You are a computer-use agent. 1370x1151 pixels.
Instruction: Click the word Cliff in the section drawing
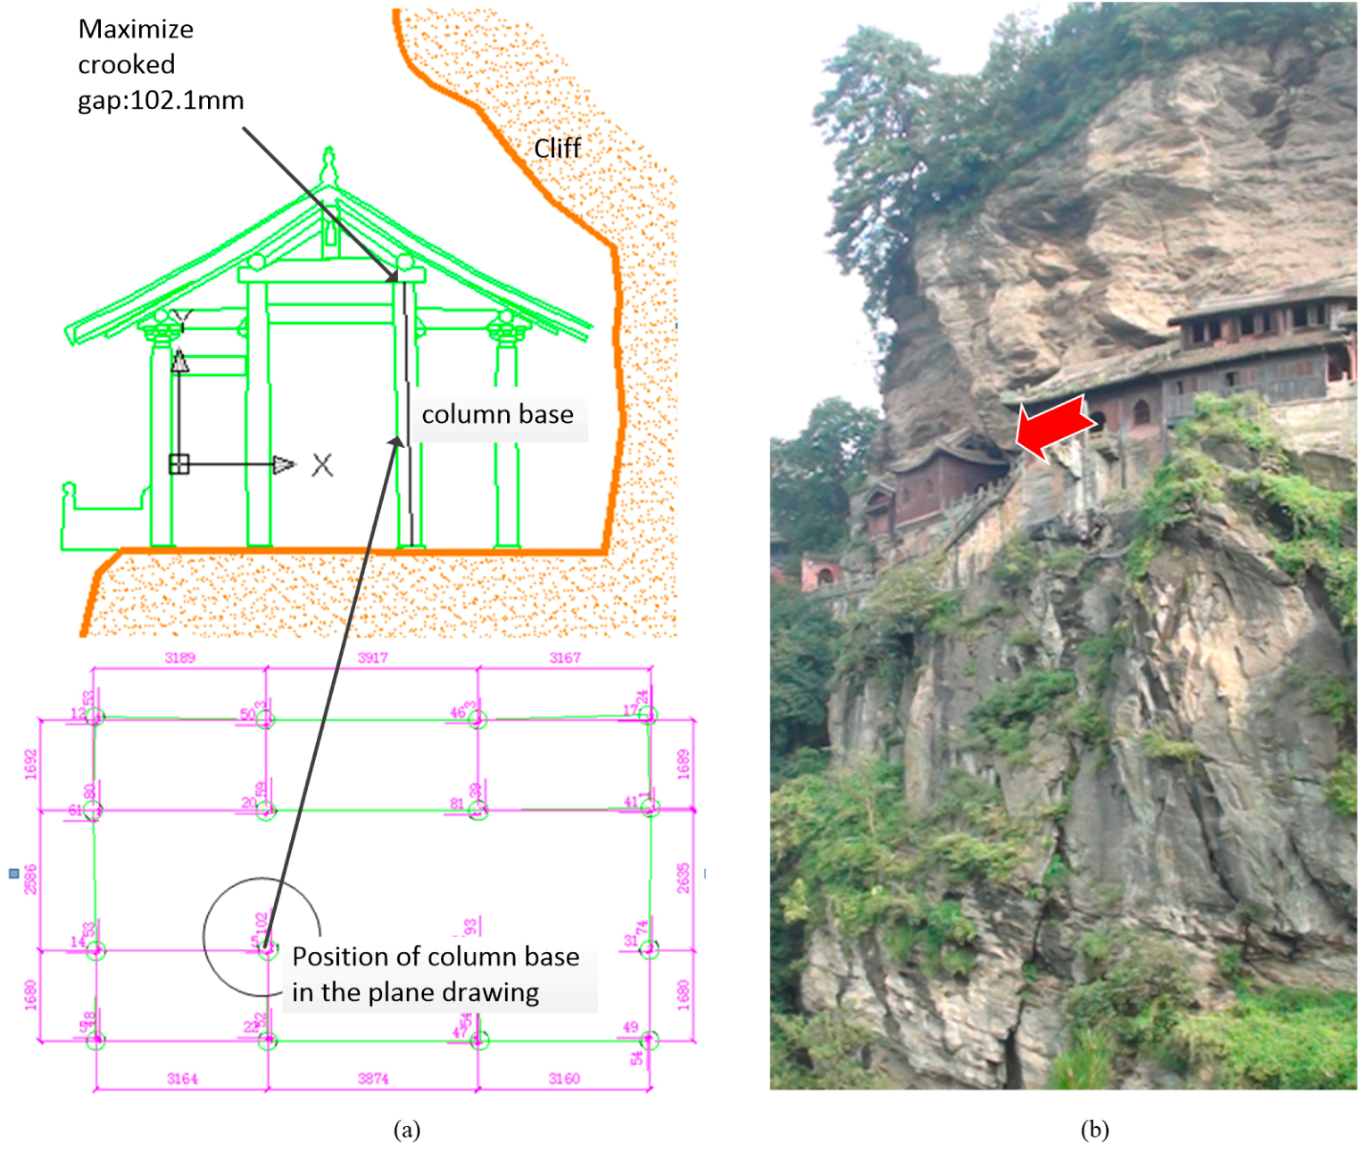point(557,148)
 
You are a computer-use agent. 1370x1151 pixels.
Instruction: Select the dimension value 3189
point(179,658)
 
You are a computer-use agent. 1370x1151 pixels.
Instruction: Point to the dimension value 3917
point(373,658)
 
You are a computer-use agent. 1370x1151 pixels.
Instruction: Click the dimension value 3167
point(565,658)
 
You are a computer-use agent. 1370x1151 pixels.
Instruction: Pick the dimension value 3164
point(182,1079)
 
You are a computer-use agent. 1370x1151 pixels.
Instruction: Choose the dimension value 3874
point(373,1079)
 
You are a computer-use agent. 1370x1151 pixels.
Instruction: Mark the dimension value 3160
point(564,1079)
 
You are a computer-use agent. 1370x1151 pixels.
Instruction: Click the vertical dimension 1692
point(31,765)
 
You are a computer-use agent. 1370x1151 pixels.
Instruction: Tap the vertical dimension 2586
point(31,879)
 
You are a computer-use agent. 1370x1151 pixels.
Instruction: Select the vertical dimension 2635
point(683,878)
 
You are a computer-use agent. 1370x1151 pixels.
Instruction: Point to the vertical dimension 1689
point(683,765)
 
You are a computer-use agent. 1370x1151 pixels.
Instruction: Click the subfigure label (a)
point(406,1130)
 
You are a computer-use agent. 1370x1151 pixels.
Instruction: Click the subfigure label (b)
point(1094,1130)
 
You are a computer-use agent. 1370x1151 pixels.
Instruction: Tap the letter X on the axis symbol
point(322,465)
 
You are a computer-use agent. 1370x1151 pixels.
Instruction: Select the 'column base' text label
point(497,415)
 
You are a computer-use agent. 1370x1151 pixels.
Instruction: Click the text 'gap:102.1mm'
point(161,100)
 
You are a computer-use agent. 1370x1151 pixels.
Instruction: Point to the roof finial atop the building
point(329,165)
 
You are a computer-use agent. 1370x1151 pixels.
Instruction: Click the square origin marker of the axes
point(179,465)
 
